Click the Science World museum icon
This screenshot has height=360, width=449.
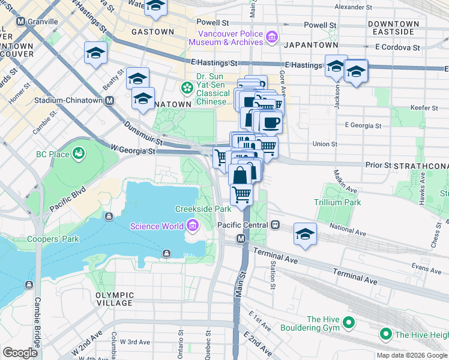[x=193, y=226]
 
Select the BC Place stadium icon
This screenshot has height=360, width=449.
[x=78, y=154]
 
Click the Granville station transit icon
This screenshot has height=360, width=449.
[x=21, y=22]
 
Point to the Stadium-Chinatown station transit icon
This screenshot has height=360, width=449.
[x=110, y=100]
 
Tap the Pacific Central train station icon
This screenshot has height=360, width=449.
[x=275, y=225]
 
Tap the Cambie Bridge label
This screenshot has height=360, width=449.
[x=37, y=324]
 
